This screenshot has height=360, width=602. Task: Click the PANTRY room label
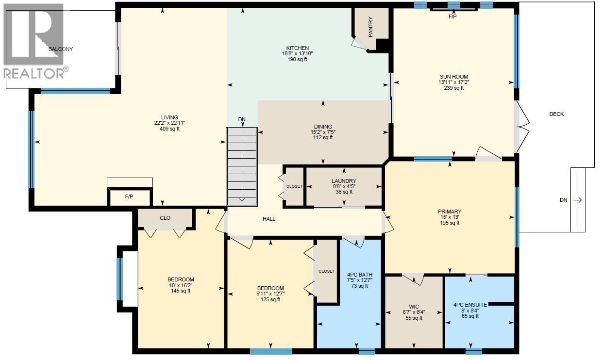(x=370, y=28)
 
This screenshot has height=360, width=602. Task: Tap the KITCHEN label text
(x=298, y=48)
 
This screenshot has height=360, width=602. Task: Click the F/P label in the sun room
(x=452, y=16)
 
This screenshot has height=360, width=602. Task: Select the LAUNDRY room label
(x=344, y=181)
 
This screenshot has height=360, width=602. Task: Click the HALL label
(x=269, y=219)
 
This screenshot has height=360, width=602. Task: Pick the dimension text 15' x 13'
(x=450, y=217)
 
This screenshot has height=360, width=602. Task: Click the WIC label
(x=414, y=307)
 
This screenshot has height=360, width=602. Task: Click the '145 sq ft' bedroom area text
(x=181, y=291)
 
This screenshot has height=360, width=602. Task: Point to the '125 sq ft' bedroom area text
(x=270, y=299)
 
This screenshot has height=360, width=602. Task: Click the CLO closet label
(x=165, y=218)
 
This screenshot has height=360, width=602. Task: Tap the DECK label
(x=556, y=114)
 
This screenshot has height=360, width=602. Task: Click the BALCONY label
(x=61, y=49)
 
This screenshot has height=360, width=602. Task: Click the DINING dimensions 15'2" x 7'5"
(x=323, y=132)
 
